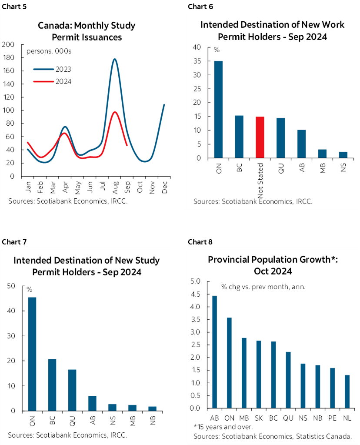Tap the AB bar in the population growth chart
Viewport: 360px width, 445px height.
(215, 352)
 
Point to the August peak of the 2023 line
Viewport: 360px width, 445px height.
(114, 59)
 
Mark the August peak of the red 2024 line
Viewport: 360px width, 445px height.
(115, 112)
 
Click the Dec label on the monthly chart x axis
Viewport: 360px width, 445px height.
(163, 187)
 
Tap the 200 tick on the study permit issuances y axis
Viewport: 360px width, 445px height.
(8, 44)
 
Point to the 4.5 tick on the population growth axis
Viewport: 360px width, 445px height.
(195, 294)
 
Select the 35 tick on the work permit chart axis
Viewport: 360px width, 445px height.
(197, 61)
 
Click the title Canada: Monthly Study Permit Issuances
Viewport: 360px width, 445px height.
(87, 31)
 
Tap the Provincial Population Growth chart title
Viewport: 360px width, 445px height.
(273, 265)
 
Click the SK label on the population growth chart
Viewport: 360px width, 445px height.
(259, 417)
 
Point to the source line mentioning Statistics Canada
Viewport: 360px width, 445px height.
(276, 436)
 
